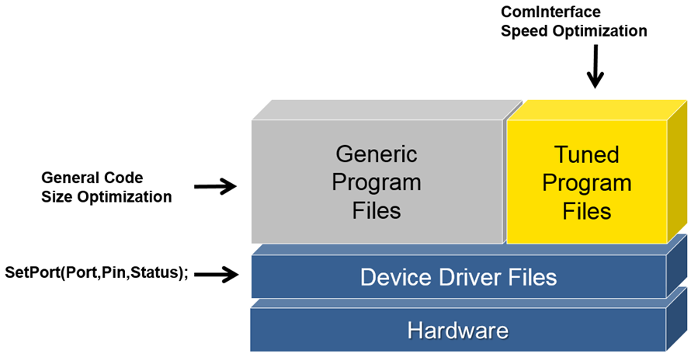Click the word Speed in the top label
(524, 32)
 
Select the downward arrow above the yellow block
(595, 67)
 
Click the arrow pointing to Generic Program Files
(215, 186)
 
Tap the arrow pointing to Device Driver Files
(215, 273)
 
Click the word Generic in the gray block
(377, 154)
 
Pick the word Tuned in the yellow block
(587, 154)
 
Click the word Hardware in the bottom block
(458, 331)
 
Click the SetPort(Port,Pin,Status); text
(97, 273)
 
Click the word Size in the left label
(57, 197)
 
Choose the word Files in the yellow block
(587, 211)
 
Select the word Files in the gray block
(377, 210)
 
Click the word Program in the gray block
(377, 182)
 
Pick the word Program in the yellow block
(587, 183)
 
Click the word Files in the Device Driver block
(530, 277)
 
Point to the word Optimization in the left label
(124, 197)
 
